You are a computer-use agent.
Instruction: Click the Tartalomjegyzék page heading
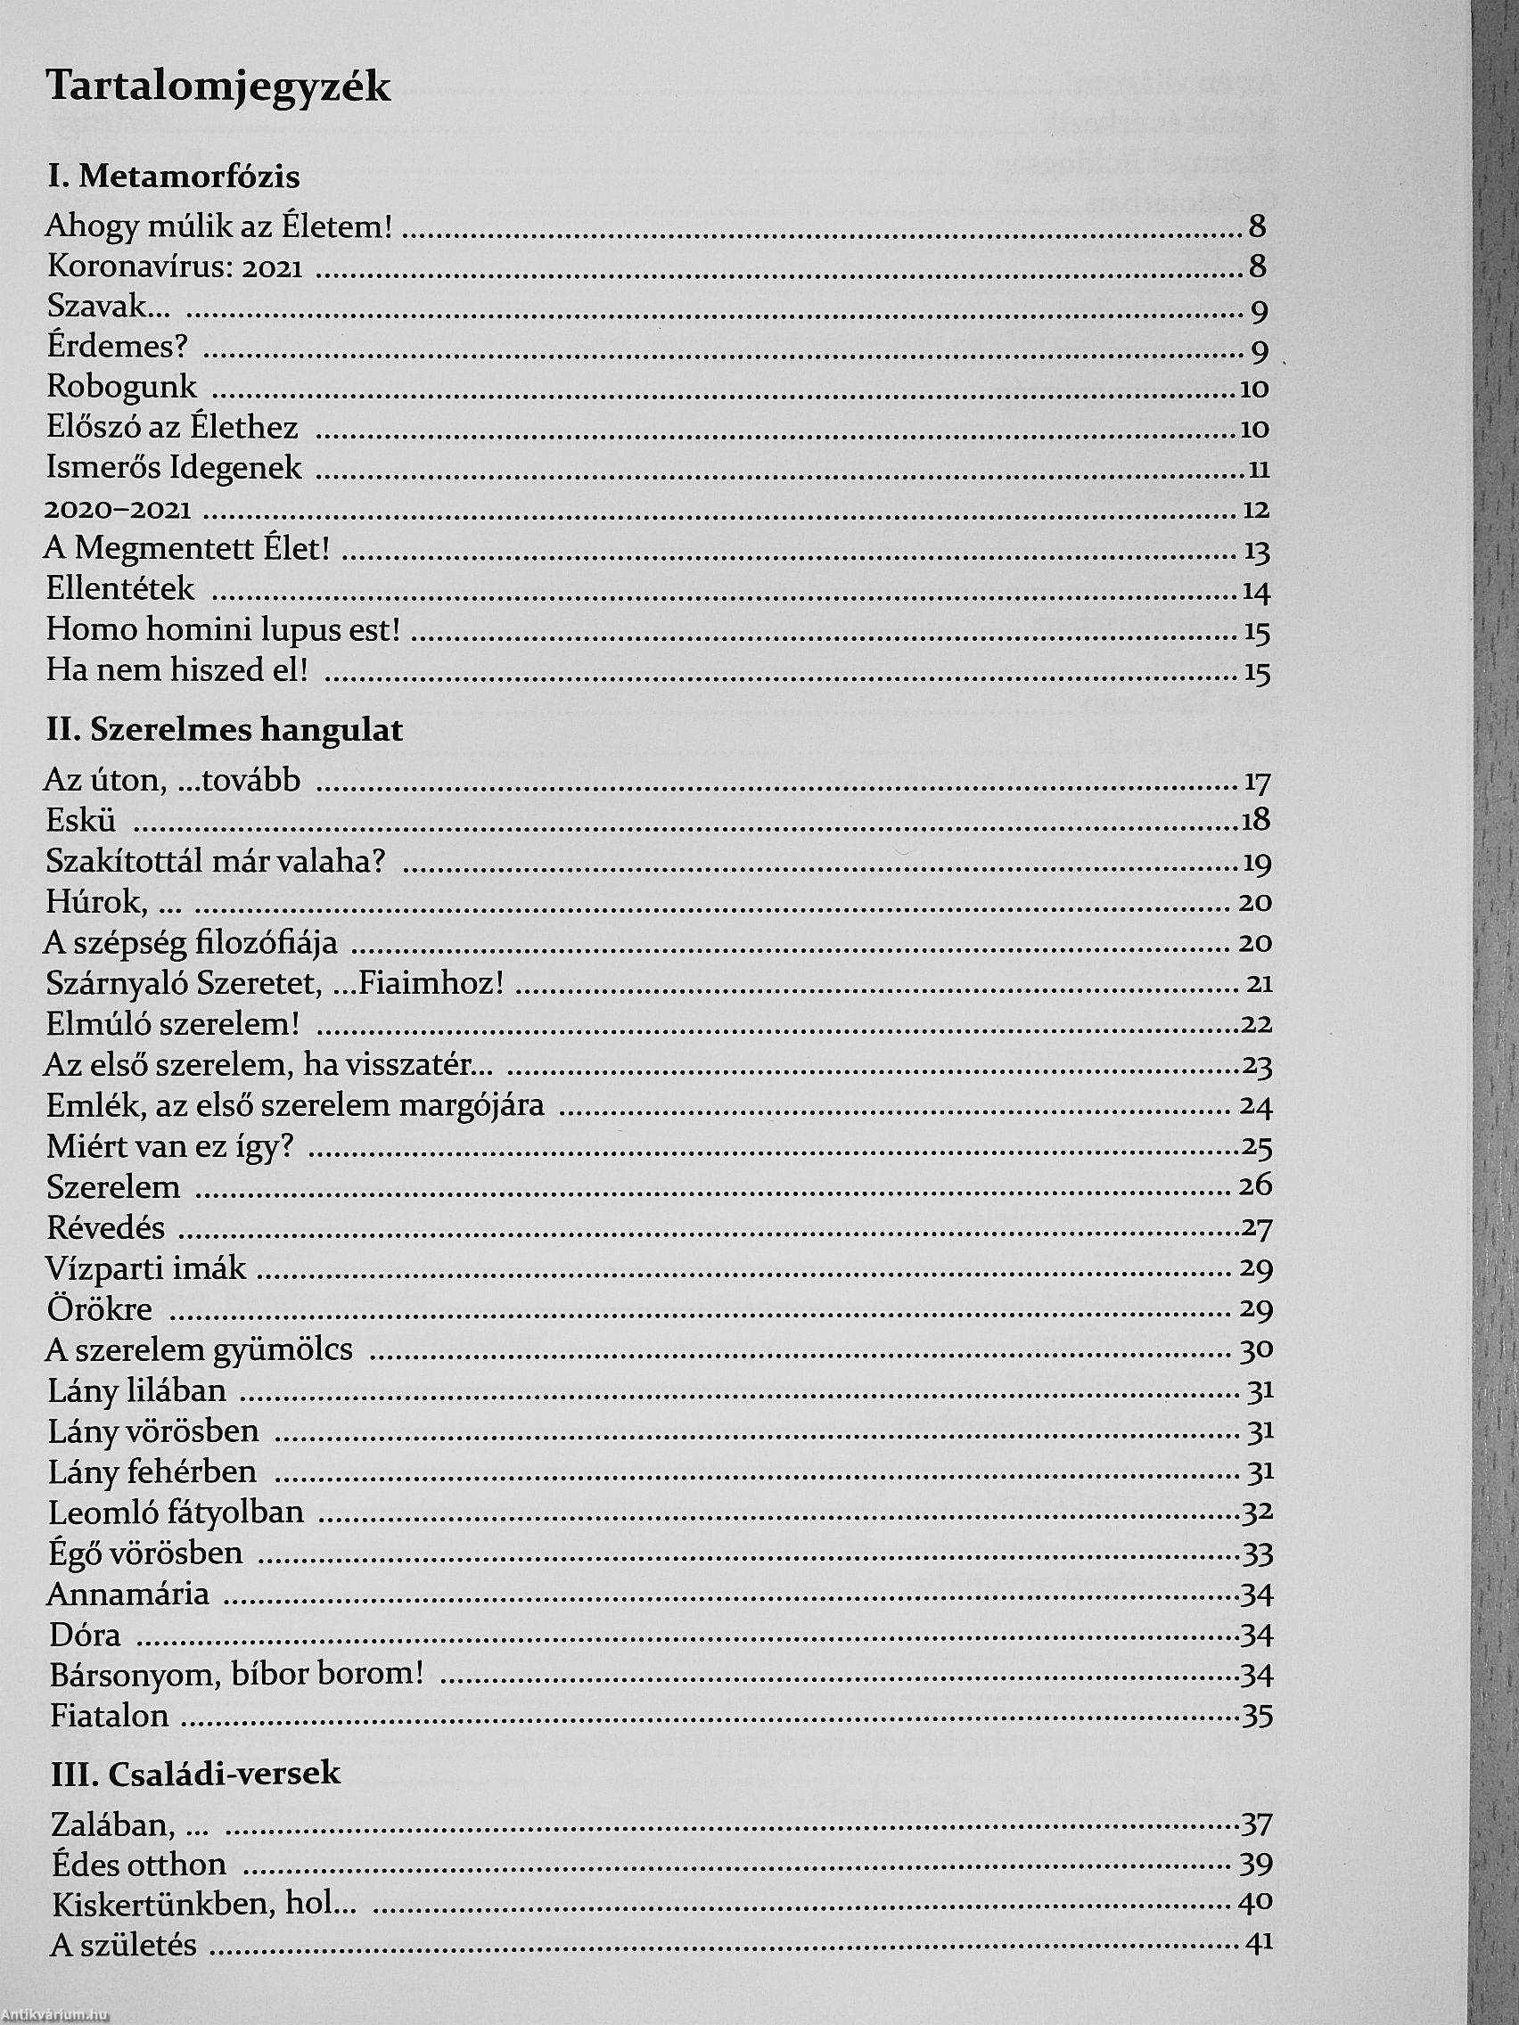[x=218, y=88]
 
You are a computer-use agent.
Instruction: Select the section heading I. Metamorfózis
[x=173, y=176]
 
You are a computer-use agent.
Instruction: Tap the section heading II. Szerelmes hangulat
[x=225, y=731]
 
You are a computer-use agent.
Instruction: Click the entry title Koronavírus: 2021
[x=175, y=267]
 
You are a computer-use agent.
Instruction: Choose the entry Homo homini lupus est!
[x=223, y=631]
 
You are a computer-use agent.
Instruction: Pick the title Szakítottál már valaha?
[x=216, y=863]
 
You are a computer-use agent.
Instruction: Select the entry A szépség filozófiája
[x=191, y=943]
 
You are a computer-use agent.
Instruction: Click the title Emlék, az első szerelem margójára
[x=295, y=1106]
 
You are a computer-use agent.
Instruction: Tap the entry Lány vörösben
[x=153, y=1431]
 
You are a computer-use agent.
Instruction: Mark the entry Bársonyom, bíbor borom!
[x=237, y=1675]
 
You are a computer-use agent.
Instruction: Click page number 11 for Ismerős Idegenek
[x=1258, y=471]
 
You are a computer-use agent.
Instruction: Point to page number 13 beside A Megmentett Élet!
[x=1256, y=552]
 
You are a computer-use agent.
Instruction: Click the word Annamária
[x=127, y=1594]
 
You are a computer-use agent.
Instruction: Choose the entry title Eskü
[x=80, y=820]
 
